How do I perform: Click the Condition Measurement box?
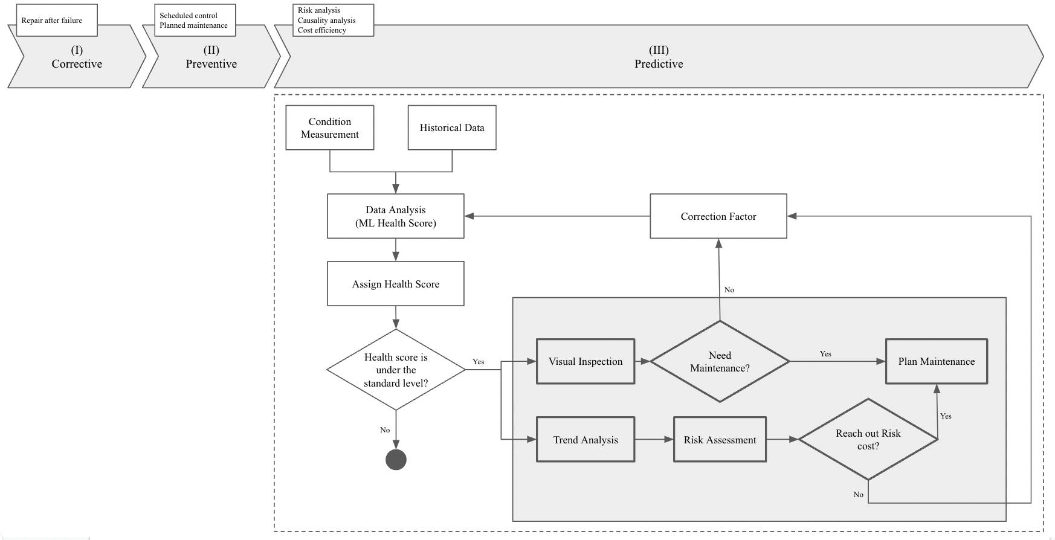pos(329,128)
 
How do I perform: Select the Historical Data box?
pos(452,128)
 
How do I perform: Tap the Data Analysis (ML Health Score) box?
pos(396,216)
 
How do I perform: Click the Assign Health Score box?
pos(396,284)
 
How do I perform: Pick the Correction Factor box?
pos(718,216)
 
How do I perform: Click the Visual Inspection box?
pos(586,361)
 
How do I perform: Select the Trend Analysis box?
pos(586,440)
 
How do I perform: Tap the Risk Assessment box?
pos(720,440)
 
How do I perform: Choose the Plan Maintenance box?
pos(936,361)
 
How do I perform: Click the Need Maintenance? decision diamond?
pos(720,361)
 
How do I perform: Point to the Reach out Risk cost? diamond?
pos(868,440)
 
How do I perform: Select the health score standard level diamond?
pos(396,370)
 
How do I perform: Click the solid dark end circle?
pos(396,460)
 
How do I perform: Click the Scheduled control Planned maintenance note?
pos(194,21)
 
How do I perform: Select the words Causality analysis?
pos(326,21)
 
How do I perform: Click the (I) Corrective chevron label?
pos(77,57)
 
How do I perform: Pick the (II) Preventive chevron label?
pos(211,57)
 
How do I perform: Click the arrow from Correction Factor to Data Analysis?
pos(556,216)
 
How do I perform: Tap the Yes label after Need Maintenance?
pos(825,354)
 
